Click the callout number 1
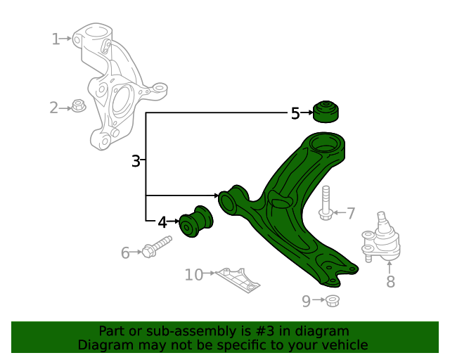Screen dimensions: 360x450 (x=56, y=39)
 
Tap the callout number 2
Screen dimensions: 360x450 (x=53, y=108)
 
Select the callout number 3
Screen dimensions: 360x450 (x=136, y=161)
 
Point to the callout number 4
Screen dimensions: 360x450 (x=162, y=222)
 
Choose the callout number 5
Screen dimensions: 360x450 (x=295, y=113)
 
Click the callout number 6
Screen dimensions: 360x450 (x=125, y=252)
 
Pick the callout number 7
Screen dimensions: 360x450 (x=351, y=213)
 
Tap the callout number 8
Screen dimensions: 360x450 (x=390, y=282)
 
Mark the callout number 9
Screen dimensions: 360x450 (x=306, y=302)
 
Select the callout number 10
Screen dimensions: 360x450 (x=194, y=274)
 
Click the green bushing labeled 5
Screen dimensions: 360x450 (x=325, y=111)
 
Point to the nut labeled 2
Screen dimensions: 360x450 (x=78, y=107)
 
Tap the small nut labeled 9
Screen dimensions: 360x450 (x=333, y=302)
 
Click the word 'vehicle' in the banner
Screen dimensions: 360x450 (x=342, y=345)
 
